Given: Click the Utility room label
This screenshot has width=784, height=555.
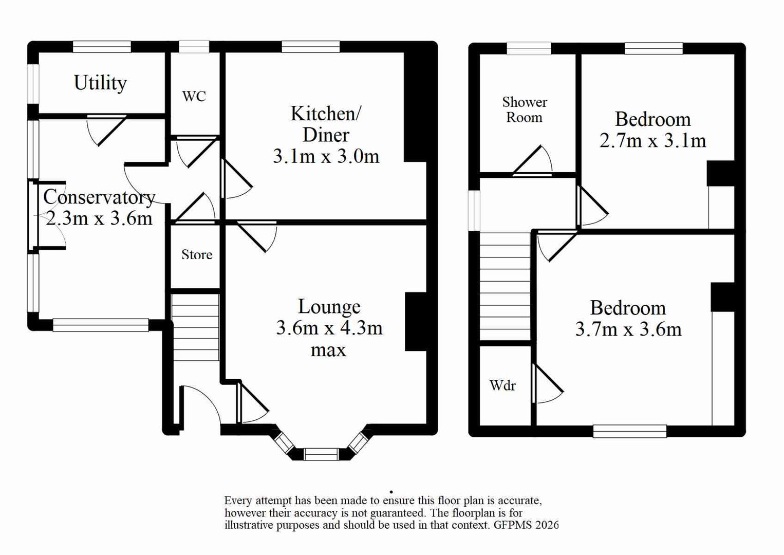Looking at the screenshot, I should pyautogui.click(x=100, y=83).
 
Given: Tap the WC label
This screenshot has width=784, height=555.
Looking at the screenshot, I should pyautogui.click(x=194, y=96).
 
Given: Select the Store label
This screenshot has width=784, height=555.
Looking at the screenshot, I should pyautogui.click(x=196, y=254).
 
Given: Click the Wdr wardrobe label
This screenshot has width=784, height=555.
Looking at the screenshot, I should pyautogui.click(x=502, y=385).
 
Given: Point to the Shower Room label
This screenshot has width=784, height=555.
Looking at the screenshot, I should pyautogui.click(x=524, y=110).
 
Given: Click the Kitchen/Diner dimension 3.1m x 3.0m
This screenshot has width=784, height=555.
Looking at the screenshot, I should pyautogui.click(x=326, y=156).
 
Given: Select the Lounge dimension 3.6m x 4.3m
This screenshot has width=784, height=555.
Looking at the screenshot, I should pyautogui.click(x=329, y=328).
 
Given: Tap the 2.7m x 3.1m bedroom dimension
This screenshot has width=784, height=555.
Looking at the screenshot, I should pyautogui.click(x=652, y=140).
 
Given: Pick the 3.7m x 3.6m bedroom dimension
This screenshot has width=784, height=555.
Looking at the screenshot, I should pyautogui.click(x=628, y=329).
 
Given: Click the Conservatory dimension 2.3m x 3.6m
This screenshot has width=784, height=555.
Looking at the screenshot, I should pyautogui.click(x=99, y=218).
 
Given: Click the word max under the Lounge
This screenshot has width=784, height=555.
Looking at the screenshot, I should pyautogui.click(x=328, y=350).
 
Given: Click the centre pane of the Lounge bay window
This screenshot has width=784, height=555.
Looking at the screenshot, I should pyautogui.click(x=321, y=454).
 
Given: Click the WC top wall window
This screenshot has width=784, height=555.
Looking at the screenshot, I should pyautogui.click(x=194, y=47).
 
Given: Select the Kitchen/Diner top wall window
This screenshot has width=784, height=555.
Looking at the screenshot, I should pyautogui.click(x=310, y=47).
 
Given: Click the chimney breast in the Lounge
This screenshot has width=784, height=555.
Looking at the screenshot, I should pyautogui.click(x=416, y=322).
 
